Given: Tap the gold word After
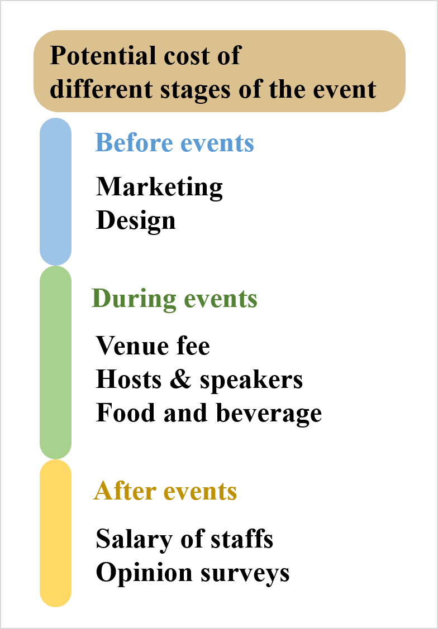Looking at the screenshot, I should [125, 491].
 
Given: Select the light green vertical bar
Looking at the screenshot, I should [56, 363].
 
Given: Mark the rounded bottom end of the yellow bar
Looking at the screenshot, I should [56, 600].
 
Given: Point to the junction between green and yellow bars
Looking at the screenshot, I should [56, 459].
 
